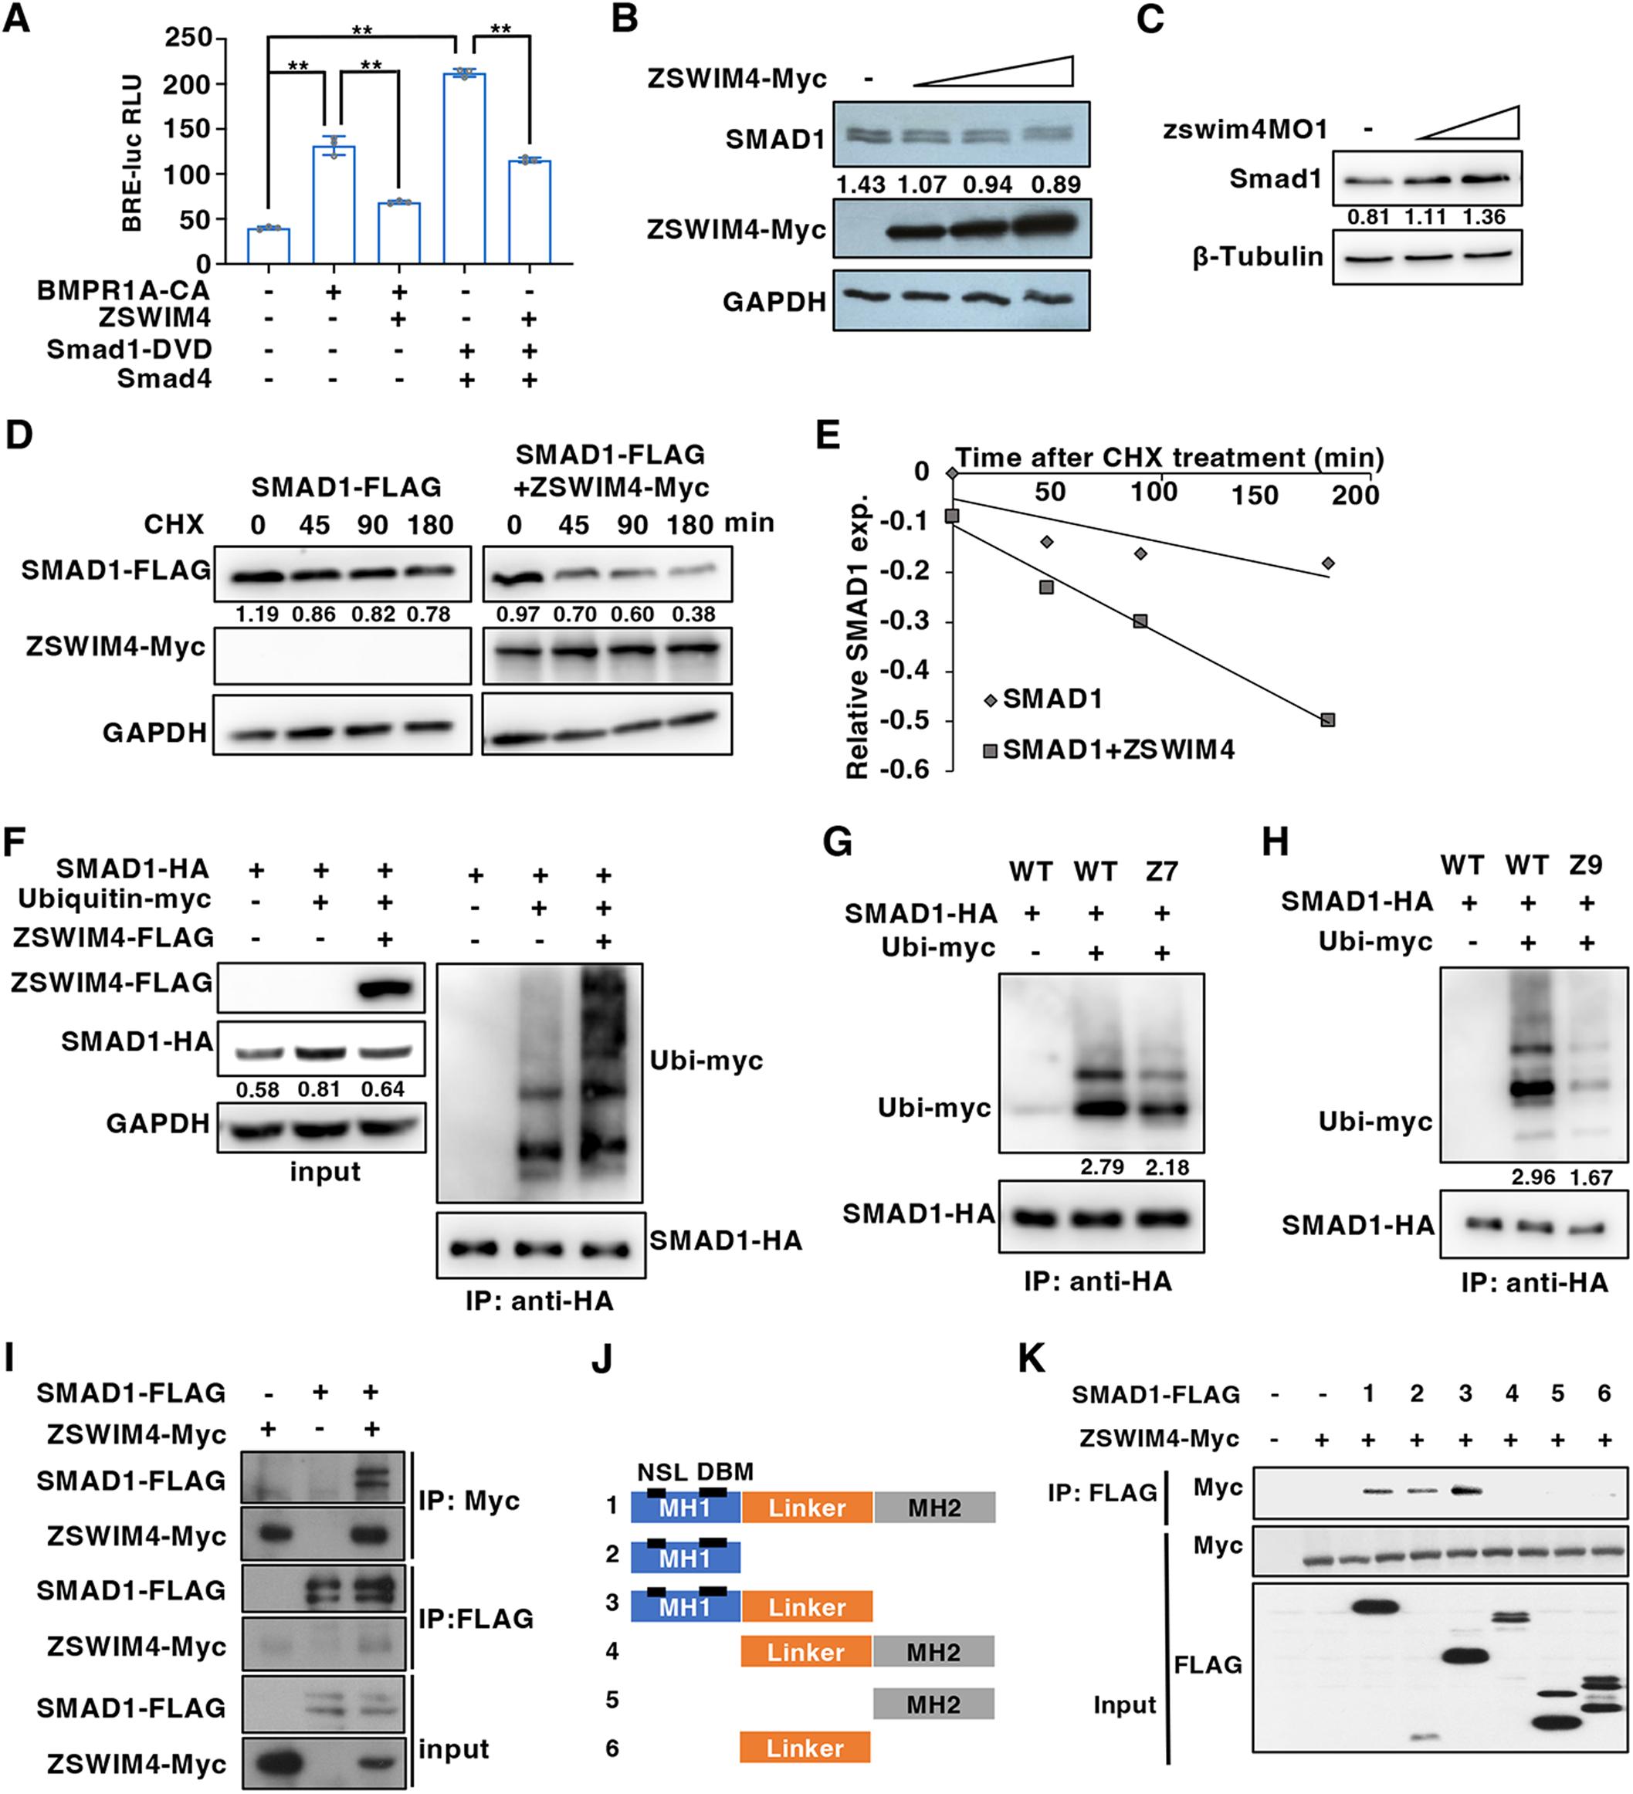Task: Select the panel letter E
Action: click(x=827, y=436)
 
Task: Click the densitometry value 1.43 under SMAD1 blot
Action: click(x=861, y=184)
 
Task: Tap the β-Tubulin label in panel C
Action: click(x=1258, y=257)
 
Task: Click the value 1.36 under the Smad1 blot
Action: click(x=1483, y=217)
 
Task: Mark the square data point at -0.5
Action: click(x=1328, y=720)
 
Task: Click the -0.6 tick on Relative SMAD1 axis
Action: click(x=905, y=769)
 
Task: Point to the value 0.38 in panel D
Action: click(x=693, y=614)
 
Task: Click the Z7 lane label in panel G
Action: click(x=1161, y=872)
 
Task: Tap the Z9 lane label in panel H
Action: click(x=1585, y=864)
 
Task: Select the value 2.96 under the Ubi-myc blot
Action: click(x=1533, y=1177)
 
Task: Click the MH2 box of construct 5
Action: click(x=933, y=1704)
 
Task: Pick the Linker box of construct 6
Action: click(x=805, y=1748)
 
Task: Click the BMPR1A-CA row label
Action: click(x=124, y=290)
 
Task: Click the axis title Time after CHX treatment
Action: click(x=1168, y=458)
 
